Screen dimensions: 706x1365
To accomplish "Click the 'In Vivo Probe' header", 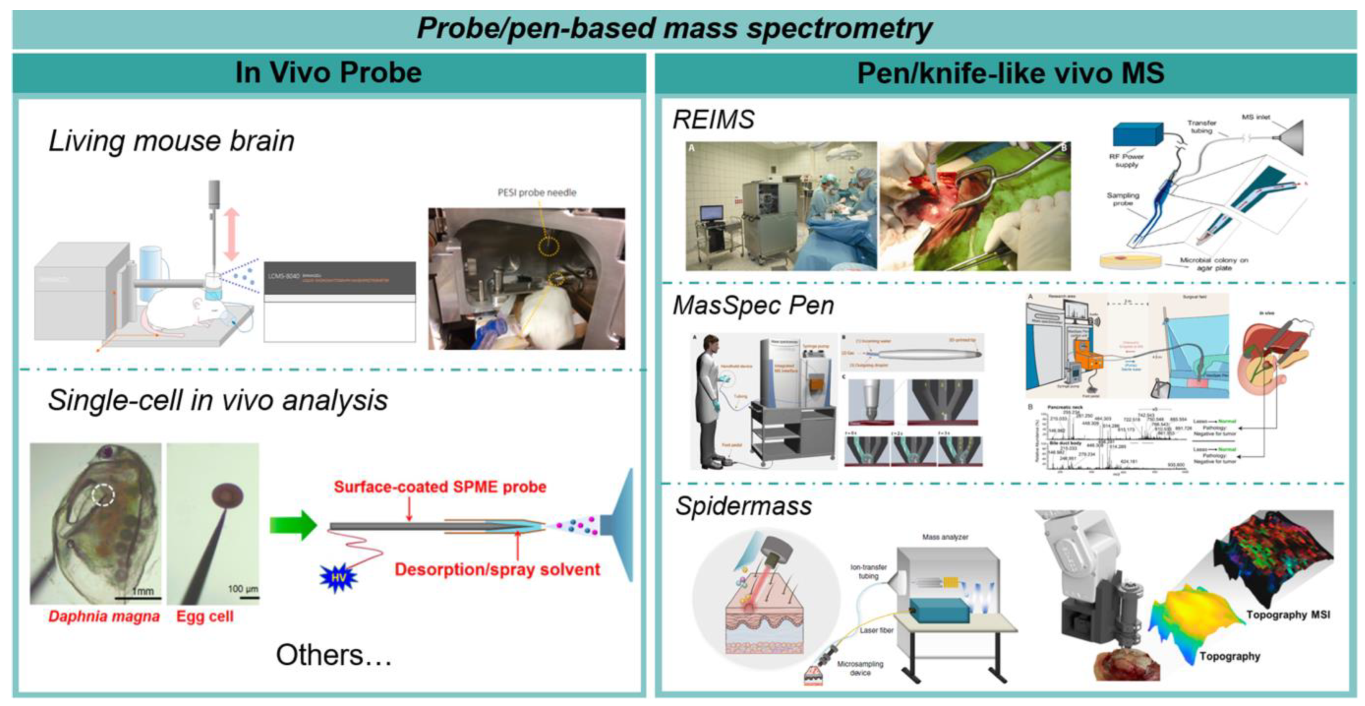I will point(328,72).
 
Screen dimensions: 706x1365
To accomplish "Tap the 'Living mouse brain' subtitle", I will point(171,141).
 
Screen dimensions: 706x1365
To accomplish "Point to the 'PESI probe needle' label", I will point(536,193).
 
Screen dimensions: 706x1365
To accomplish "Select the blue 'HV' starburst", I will point(338,577).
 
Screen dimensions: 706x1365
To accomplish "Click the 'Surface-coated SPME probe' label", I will point(439,487).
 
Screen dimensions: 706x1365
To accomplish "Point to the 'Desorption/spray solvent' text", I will point(497,569).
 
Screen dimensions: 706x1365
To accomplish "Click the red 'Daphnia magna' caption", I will point(104,616).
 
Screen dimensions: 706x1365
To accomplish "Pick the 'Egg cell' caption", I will point(205,616).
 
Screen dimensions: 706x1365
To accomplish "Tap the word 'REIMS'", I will point(713,120).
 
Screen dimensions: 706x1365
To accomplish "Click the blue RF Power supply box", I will point(1137,135).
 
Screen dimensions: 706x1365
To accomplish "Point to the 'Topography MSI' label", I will point(1288,614).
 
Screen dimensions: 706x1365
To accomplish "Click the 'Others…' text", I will point(333,655).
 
